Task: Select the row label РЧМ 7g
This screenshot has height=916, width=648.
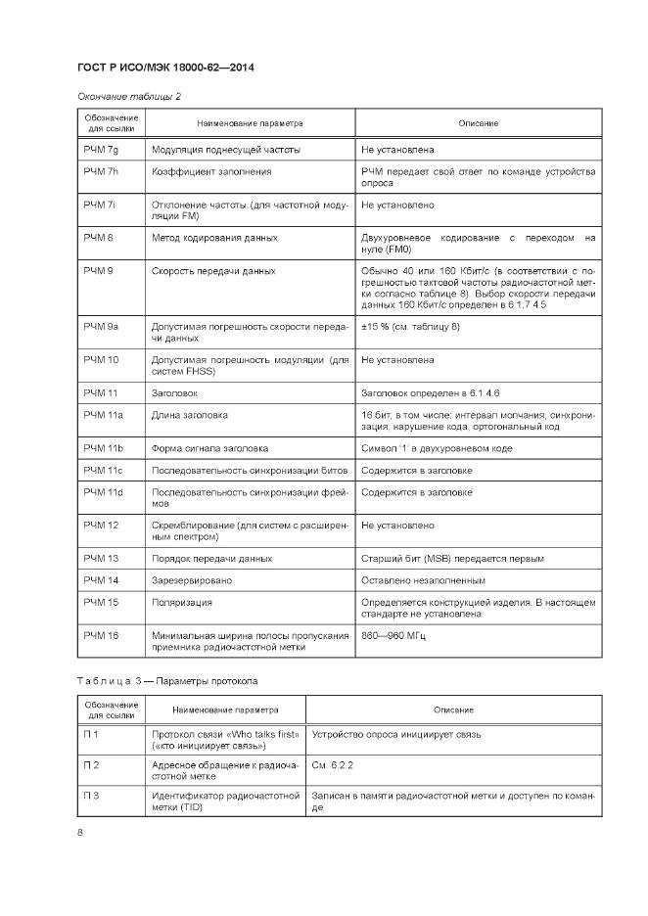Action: click(x=101, y=150)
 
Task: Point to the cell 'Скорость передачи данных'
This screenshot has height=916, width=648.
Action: click(x=212, y=271)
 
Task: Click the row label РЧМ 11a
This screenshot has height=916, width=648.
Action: click(x=103, y=415)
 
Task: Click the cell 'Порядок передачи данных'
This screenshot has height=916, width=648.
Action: click(x=211, y=559)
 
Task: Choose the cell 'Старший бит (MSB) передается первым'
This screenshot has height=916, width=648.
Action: click(x=452, y=559)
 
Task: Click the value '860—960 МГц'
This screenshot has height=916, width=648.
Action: click(x=394, y=636)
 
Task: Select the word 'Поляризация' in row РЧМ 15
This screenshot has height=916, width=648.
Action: click(x=181, y=603)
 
